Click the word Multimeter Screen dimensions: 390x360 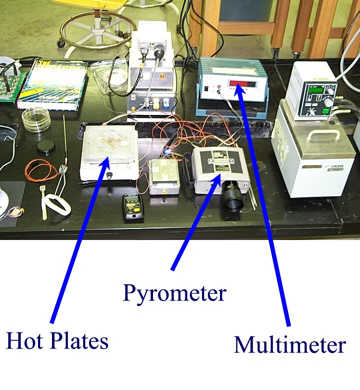click(289, 345)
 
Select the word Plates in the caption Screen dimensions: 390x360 click(79, 341)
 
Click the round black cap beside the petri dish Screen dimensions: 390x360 click(45, 146)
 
